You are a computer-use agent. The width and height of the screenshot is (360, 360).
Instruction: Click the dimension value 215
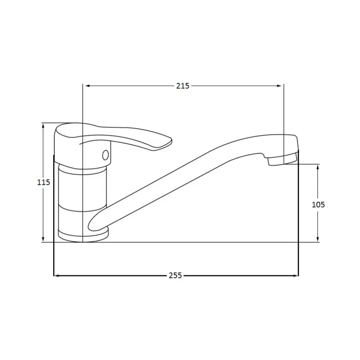183,86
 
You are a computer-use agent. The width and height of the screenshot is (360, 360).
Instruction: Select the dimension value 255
176,275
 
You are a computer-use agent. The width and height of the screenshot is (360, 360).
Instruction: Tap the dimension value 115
44,182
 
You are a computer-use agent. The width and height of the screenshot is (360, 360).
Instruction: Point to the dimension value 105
318,204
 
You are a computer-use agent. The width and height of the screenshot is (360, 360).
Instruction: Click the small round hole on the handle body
105,155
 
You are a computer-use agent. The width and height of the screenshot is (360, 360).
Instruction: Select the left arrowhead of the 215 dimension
88,86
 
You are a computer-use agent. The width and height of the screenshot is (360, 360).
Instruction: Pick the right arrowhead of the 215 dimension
279,86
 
